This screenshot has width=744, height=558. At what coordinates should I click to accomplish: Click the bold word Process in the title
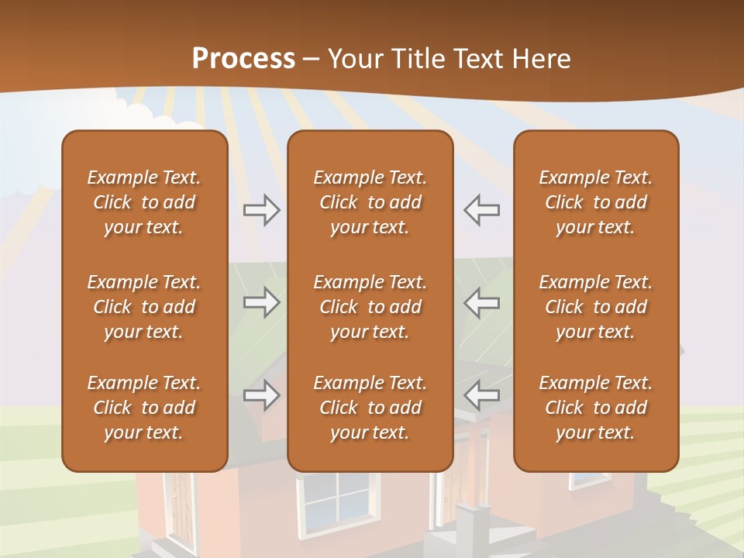point(243,58)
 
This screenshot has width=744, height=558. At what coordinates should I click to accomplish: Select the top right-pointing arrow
point(262,210)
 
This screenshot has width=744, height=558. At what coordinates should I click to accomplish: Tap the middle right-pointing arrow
point(262,302)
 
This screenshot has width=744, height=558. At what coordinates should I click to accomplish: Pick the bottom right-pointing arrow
point(262,395)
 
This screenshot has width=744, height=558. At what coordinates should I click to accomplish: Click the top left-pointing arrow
point(481,210)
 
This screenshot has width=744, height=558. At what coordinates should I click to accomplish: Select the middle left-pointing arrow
point(481,302)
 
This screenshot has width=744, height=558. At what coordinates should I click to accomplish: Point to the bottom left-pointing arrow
point(481,395)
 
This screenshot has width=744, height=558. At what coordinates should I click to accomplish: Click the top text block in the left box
point(144,202)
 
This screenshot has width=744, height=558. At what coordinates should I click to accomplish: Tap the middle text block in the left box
point(144,307)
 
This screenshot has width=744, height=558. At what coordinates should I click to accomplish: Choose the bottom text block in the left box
point(144,408)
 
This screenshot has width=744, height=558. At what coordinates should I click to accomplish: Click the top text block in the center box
point(370,202)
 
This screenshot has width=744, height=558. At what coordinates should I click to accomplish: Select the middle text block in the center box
point(370,307)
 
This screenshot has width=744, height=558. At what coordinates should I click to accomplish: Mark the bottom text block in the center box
point(370,408)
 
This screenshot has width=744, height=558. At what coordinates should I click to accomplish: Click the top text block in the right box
point(595,202)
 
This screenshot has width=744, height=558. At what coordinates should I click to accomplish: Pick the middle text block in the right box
point(595,307)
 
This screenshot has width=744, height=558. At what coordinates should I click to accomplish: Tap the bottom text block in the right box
point(595,408)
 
